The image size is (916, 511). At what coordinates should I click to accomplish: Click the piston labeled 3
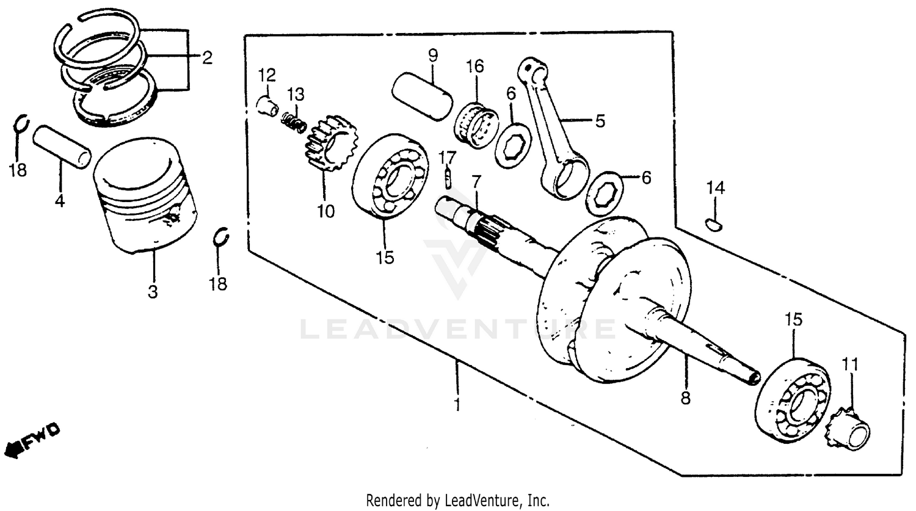point(145,201)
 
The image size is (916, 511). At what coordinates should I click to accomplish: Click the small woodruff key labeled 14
point(713,224)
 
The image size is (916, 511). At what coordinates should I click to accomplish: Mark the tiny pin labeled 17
point(448,178)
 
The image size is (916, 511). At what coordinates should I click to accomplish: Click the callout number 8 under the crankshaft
point(685,399)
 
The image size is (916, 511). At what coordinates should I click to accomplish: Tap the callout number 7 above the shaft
point(476,181)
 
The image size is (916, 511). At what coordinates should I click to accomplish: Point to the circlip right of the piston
point(222,237)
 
